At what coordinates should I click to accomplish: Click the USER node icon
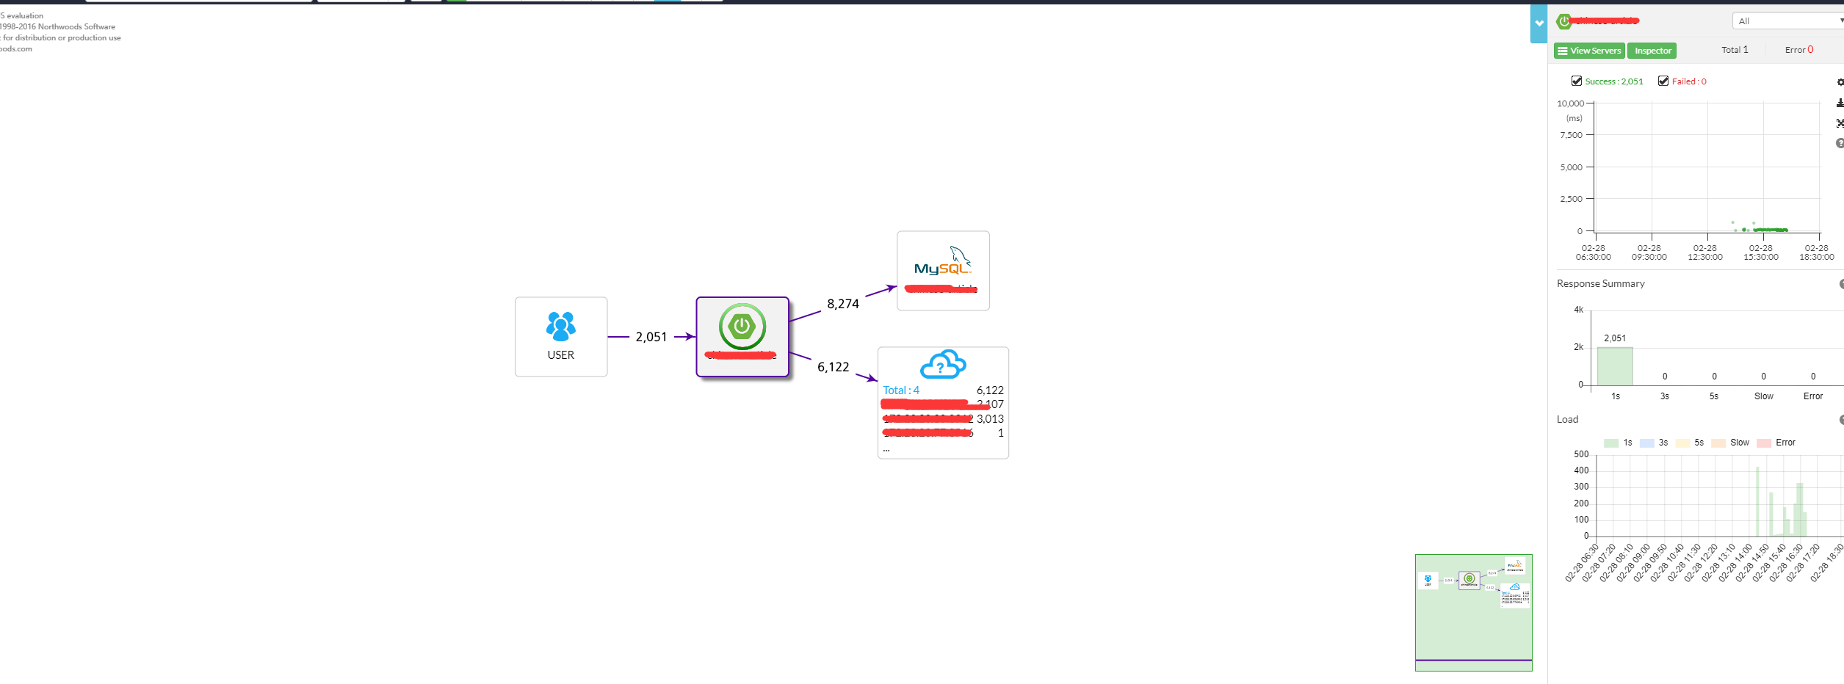coord(560,327)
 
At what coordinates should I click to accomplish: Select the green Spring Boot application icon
coord(742,327)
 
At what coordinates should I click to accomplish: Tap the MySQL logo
coord(943,261)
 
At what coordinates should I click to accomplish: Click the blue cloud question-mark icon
coord(943,364)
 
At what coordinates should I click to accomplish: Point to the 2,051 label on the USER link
coord(651,337)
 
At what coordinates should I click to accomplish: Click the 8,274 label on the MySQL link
coord(842,304)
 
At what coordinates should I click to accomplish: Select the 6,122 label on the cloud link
coord(833,367)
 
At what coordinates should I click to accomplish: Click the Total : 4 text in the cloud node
coord(901,390)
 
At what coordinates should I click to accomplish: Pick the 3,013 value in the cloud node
coord(990,419)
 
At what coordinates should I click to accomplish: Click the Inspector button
coord(1652,51)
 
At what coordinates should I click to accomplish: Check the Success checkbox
coord(1576,81)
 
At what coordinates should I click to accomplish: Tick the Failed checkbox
coord(1663,81)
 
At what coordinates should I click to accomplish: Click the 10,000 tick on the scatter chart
coord(1570,103)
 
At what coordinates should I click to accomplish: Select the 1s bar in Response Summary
coord(1615,366)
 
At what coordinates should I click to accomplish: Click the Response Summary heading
coord(1600,284)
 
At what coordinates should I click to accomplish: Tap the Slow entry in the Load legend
coord(1739,443)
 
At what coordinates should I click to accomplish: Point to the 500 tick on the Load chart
coord(1581,454)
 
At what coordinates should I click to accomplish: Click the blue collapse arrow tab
coord(1539,23)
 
